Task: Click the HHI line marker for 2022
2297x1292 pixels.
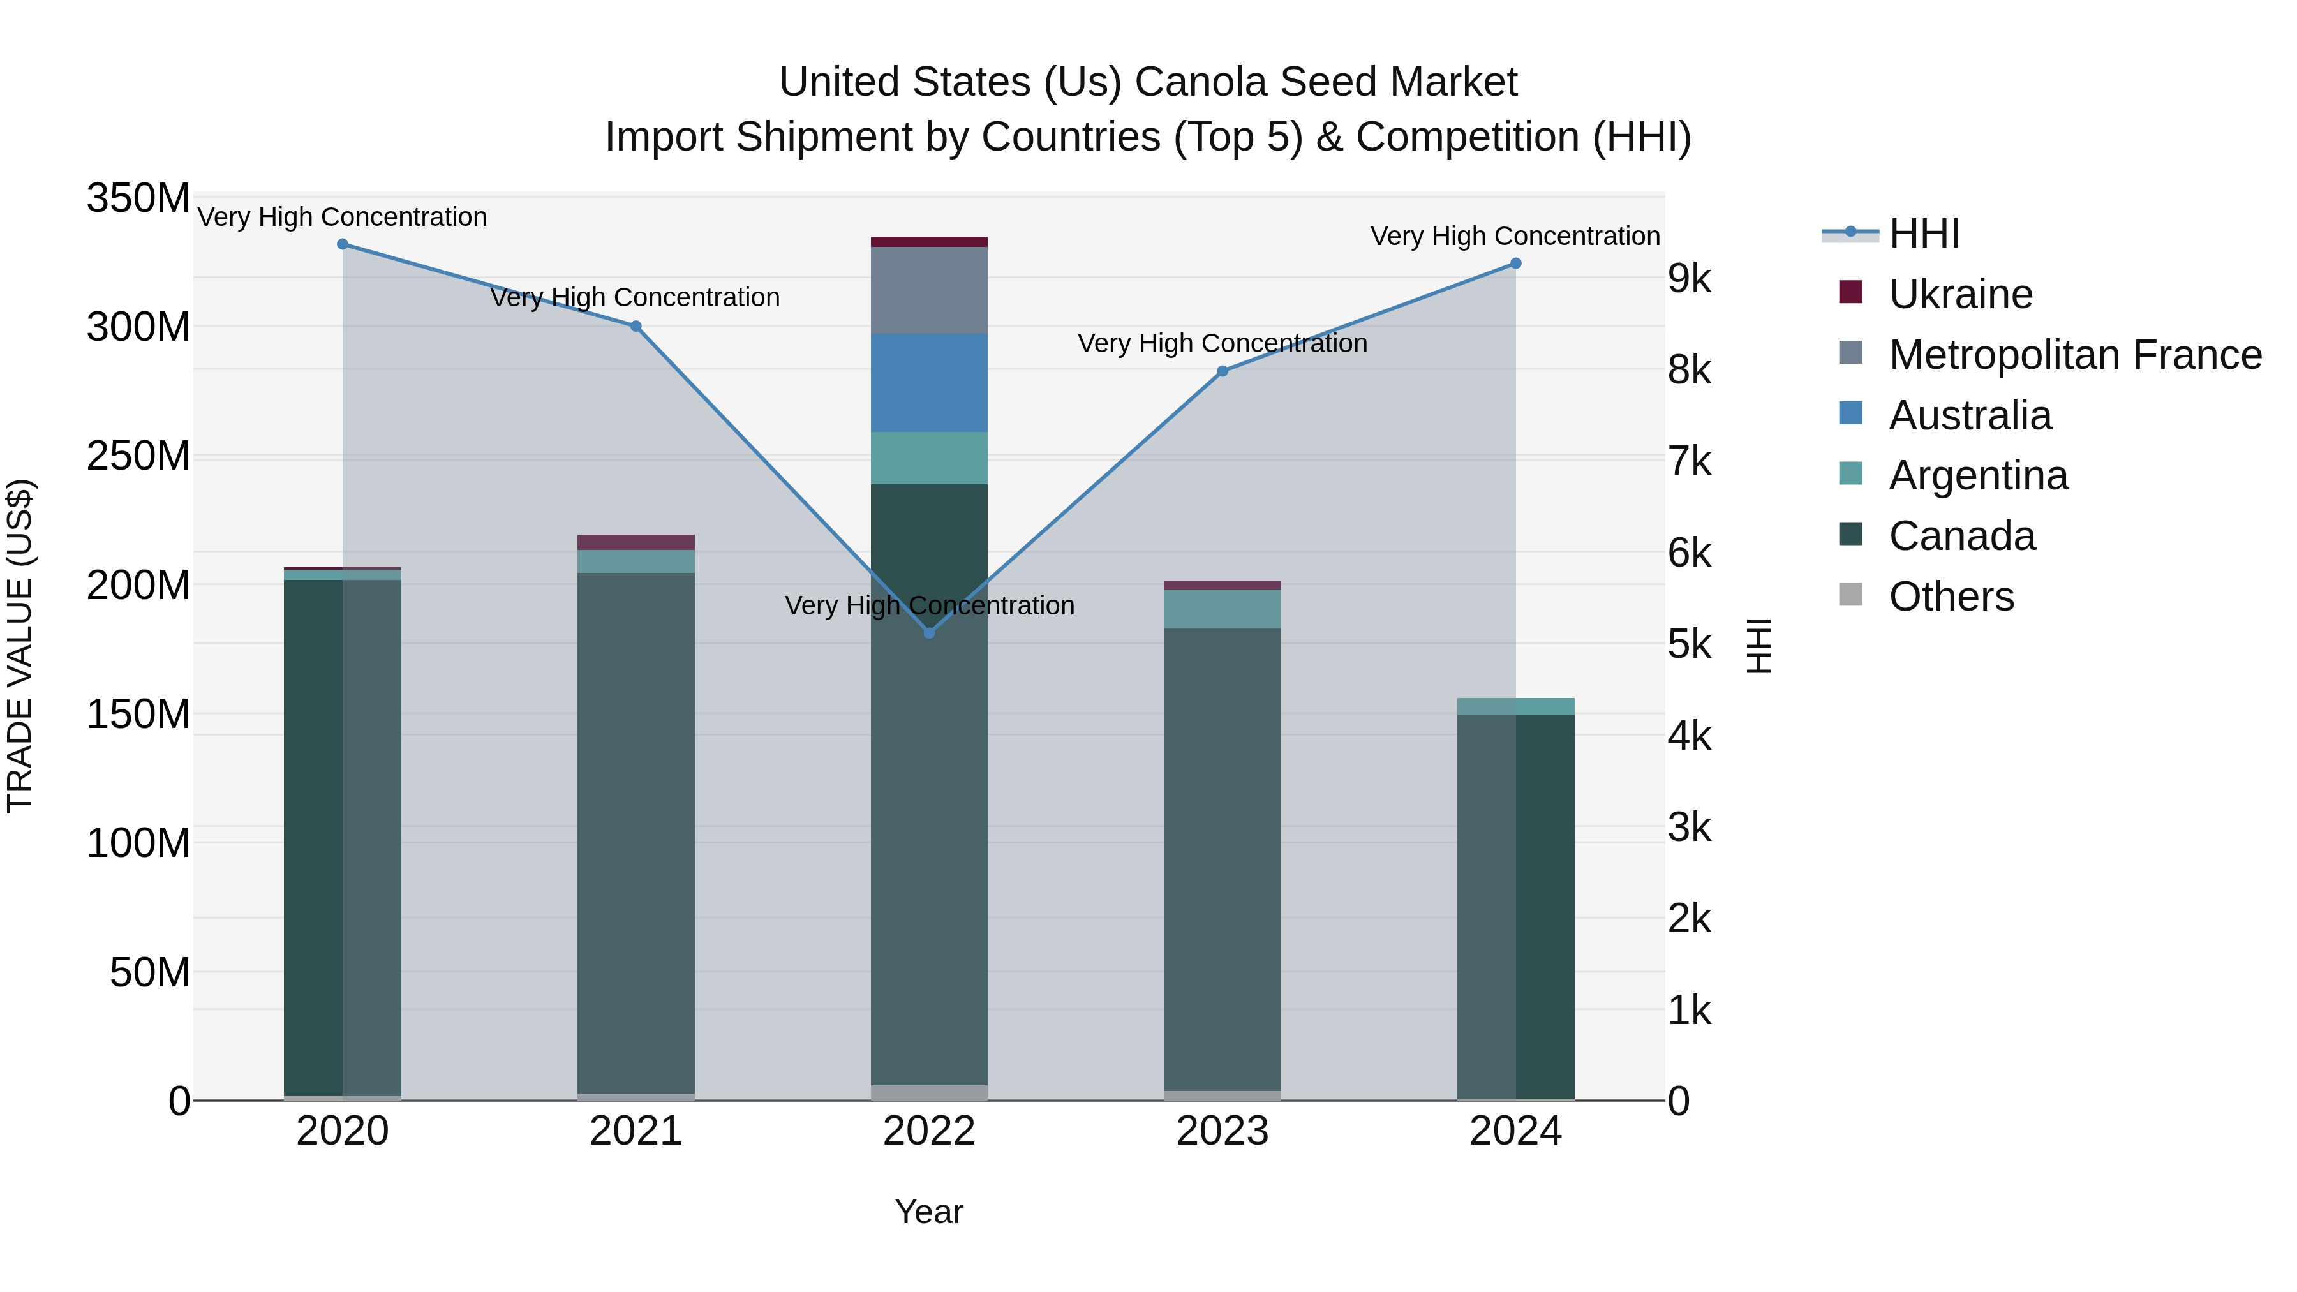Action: pos(929,632)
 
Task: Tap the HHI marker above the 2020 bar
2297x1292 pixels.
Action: pos(343,244)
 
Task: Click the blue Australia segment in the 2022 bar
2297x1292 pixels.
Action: pos(929,383)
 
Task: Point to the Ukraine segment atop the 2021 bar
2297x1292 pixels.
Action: pos(636,542)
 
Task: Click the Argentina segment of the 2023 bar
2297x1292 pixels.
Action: pos(1222,609)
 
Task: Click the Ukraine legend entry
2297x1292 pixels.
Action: pos(1960,294)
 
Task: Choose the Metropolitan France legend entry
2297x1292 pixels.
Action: pos(2074,355)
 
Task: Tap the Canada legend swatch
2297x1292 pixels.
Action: pos(1850,535)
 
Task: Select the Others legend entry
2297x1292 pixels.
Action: pos(1951,597)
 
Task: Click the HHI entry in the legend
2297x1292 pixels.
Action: pos(1923,234)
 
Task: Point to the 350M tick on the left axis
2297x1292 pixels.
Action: pos(138,198)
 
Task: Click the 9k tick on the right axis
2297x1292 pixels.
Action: pos(1690,279)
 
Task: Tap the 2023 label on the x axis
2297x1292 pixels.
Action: pos(1222,1131)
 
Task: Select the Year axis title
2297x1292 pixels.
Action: pos(929,1212)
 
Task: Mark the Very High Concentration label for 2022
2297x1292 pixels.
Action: pos(929,605)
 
